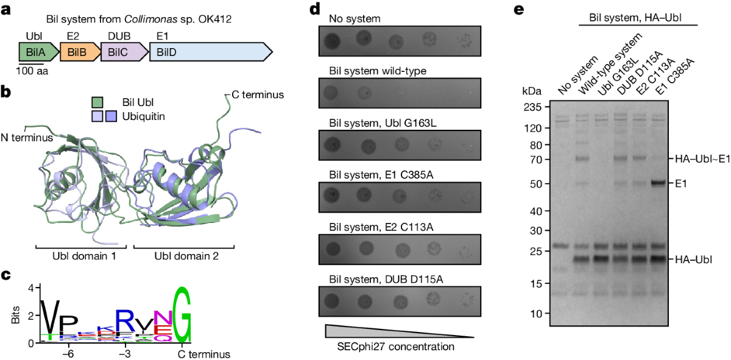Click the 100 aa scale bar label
coord(32,71)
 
